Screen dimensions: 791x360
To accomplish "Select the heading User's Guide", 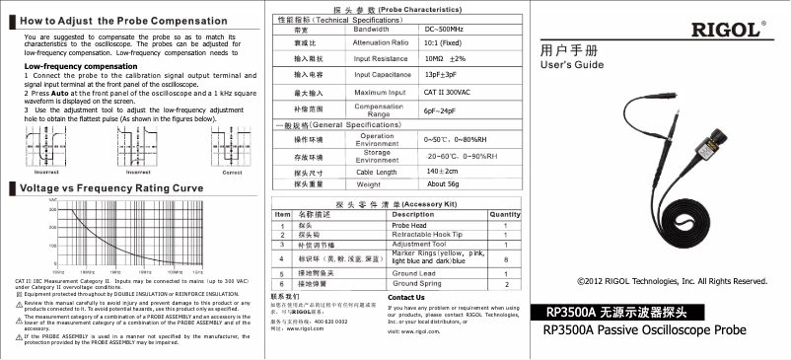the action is [572, 65].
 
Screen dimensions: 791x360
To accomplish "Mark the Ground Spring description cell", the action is [419, 284].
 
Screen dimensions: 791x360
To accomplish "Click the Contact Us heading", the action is [406, 297].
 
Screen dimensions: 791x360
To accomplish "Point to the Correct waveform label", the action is [233, 172].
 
